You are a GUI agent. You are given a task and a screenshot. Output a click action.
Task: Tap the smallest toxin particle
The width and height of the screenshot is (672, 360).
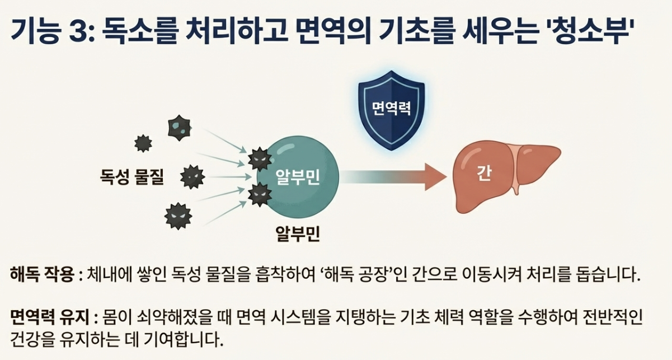coord(143,143)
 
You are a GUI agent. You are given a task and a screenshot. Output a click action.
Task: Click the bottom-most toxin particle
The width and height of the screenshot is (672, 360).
coord(178,216)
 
